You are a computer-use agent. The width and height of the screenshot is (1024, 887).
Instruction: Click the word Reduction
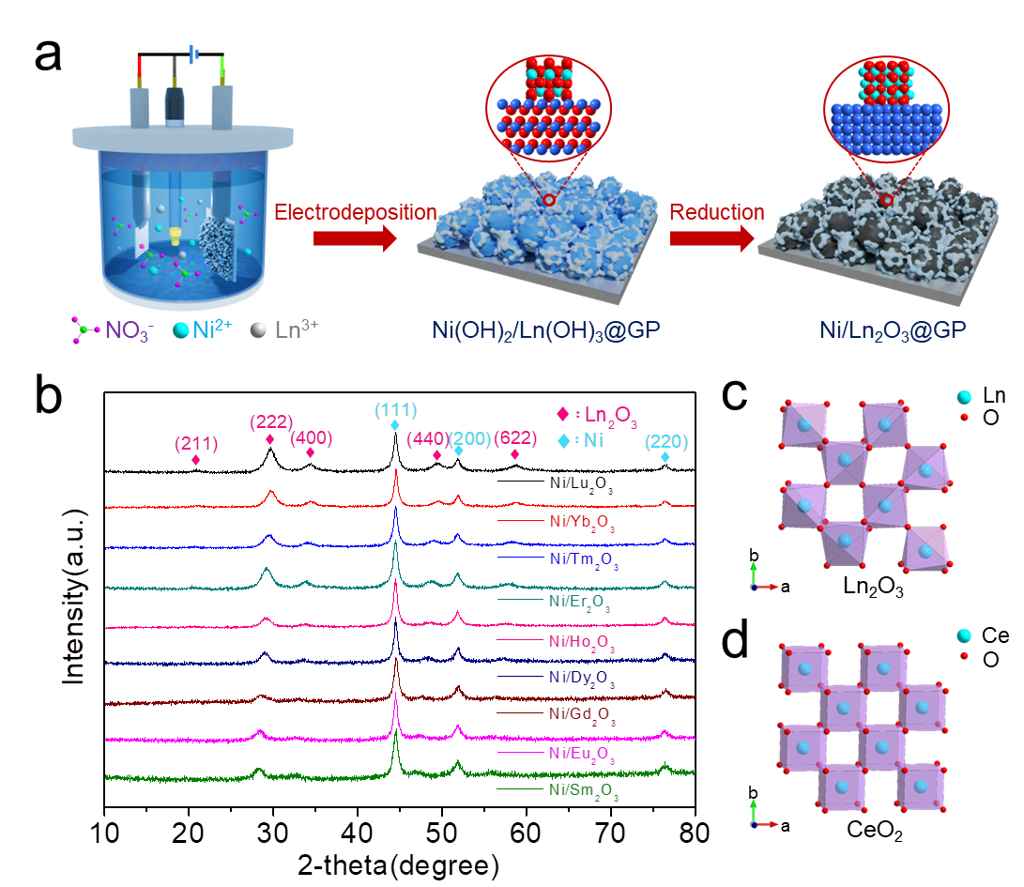(716, 213)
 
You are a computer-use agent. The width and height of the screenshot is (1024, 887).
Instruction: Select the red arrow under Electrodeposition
(354, 240)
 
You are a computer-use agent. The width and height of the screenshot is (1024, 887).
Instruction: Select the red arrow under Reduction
(711, 240)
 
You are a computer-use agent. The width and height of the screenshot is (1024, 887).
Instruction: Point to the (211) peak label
(195, 443)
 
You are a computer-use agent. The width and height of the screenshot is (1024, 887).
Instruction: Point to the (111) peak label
(395, 410)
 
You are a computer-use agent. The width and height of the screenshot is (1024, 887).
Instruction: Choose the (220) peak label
(665, 440)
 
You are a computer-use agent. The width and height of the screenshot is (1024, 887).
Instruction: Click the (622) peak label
(515, 437)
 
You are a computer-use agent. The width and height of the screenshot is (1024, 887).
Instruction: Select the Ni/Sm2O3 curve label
(582, 790)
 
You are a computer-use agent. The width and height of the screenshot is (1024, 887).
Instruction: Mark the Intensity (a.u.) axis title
(76, 596)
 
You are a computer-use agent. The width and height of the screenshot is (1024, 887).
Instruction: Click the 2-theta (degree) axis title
(398, 865)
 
